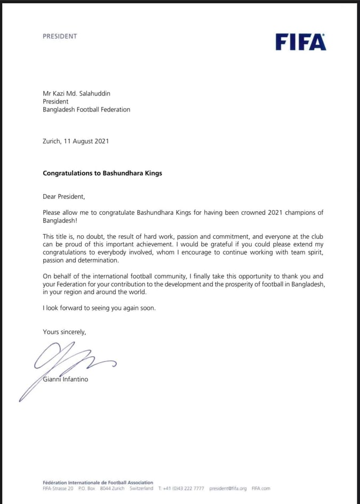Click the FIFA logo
(300, 42)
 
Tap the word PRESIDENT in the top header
(60, 36)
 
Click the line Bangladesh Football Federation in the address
(86, 109)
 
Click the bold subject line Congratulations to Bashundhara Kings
(102, 173)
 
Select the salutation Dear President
(64, 197)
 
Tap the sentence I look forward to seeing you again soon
(99, 308)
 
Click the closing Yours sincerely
(64, 332)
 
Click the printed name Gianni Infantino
(66, 379)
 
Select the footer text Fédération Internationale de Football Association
(98, 483)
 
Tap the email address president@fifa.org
(228, 489)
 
